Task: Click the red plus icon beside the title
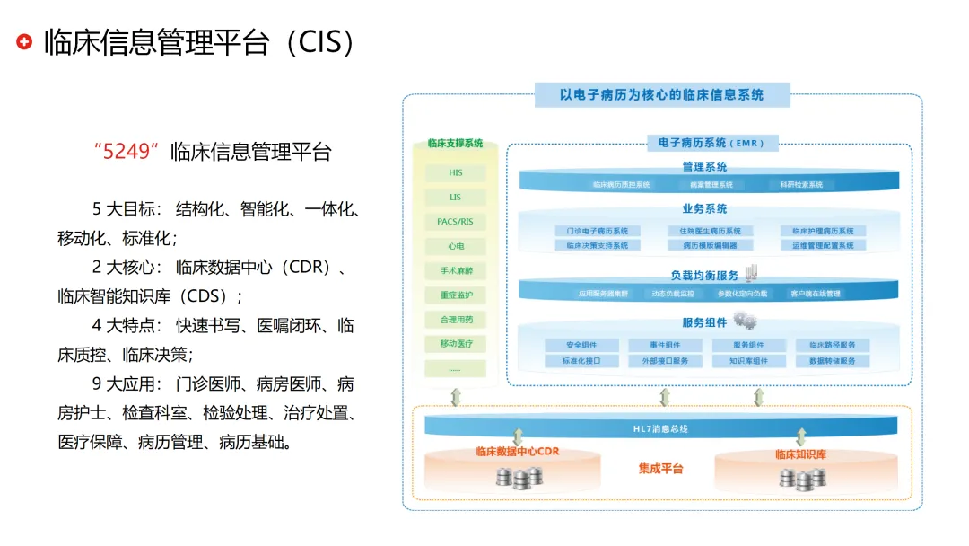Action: pyautogui.click(x=24, y=41)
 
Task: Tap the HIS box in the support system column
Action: pyautogui.click(x=456, y=172)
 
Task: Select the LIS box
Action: pyautogui.click(x=456, y=197)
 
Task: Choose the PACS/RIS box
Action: pyautogui.click(x=456, y=221)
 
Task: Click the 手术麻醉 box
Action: pyautogui.click(x=456, y=270)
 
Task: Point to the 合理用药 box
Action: pyautogui.click(x=456, y=319)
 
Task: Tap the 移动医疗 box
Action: pyautogui.click(x=456, y=343)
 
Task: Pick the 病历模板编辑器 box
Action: pyautogui.click(x=704, y=244)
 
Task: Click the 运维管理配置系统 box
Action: pyautogui.click(x=823, y=244)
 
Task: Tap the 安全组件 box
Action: pyautogui.click(x=581, y=345)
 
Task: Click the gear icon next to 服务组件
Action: pyautogui.click(x=744, y=320)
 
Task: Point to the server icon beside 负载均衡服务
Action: pyautogui.click(x=750, y=270)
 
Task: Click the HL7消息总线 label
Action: pyautogui.click(x=660, y=429)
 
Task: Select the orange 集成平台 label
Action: pyautogui.click(x=660, y=469)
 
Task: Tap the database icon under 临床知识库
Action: pyautogui.click(x=800, y=479)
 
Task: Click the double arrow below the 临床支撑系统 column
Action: pyautogui.click(x=456, y=396)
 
